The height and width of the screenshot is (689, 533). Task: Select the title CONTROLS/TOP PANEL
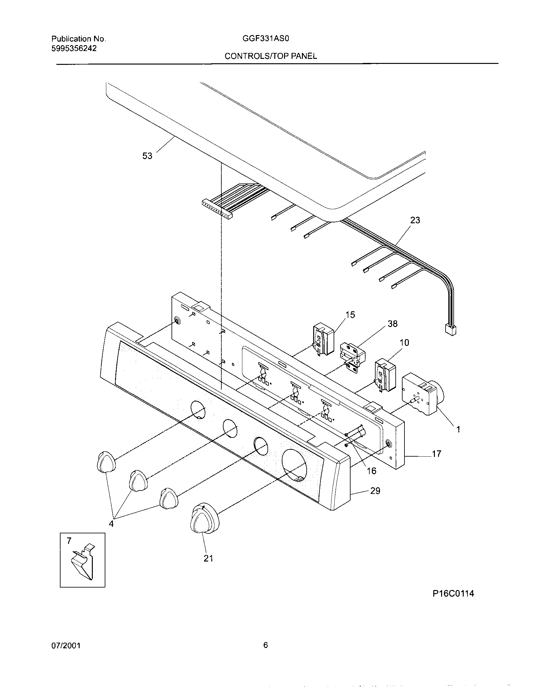coord(271,56)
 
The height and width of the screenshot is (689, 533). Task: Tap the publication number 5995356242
coord(74,48)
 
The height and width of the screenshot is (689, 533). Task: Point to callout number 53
coord(147,156)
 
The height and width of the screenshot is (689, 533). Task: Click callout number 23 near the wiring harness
coord(415,220)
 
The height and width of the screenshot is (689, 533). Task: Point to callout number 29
coord(375,491)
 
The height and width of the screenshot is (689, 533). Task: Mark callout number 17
coord(436,454)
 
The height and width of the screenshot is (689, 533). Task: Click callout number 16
coord(372,471)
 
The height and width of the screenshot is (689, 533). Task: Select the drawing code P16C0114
coord(453,594)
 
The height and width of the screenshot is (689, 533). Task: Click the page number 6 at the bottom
coord(265,645)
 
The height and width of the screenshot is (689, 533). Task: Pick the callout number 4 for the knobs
coord(111,524)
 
